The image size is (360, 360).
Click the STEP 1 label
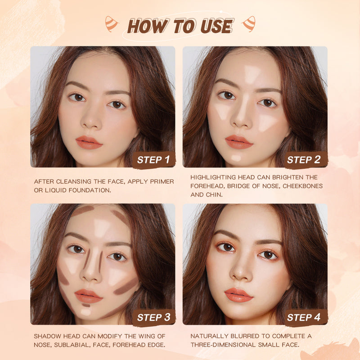click(153, 160)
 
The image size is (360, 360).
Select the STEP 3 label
click(153, 317)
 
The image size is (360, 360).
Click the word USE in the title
click(217, 26)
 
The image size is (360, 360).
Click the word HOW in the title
click(148, 26)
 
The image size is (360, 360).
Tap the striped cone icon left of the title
click(111, 24)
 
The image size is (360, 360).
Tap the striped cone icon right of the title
click(249, 24)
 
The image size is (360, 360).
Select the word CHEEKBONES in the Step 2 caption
click(302, 186)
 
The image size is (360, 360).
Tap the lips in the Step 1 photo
click(89, 142)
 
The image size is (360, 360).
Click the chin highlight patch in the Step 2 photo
click(236, 158)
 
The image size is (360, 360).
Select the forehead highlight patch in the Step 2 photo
click(251, 75)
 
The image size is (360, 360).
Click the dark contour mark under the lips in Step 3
click(86, 305)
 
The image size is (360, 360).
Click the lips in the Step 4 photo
click(238, 295)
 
